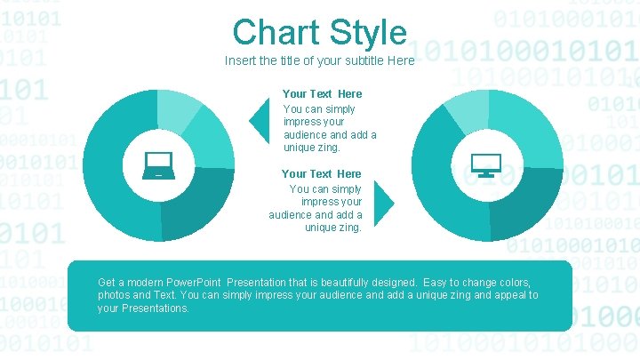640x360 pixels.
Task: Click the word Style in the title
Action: (367, 33)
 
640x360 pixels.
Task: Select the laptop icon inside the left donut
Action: (158, 164)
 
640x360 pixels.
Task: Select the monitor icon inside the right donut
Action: (486, 164)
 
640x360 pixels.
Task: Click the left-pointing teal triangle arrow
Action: (260, 119)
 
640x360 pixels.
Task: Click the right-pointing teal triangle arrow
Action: (383, 203)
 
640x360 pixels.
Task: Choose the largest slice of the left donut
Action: (111, 169)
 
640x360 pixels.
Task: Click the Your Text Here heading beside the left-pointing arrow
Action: (322, 93)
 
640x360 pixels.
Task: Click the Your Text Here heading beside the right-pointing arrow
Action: (321, 173)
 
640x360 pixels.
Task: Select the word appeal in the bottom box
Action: (507, 295)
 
